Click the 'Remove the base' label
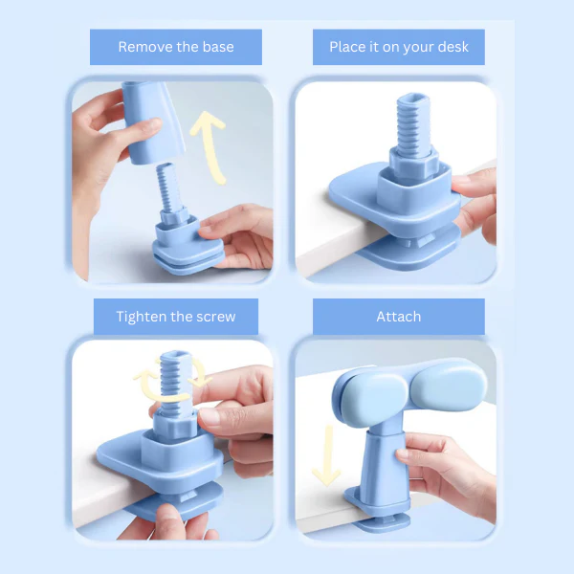pos(175,47)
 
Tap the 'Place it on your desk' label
pos(398,47)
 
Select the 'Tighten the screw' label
pos(175,317)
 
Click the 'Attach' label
pos(398,317)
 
